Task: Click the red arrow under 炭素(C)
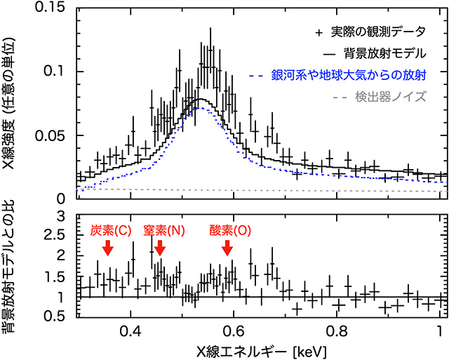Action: [107, 247]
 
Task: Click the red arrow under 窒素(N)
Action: [160, 248]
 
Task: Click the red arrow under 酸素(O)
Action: [227, 248]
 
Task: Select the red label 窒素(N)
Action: [161, 231]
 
